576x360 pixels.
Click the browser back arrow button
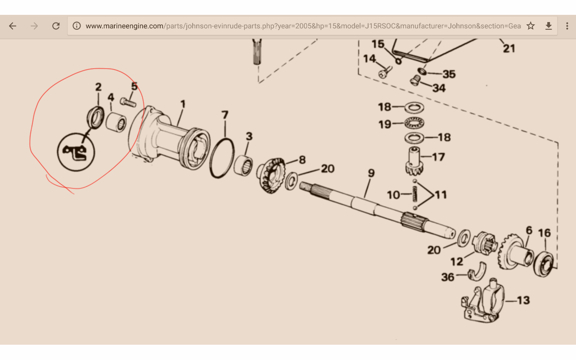13,26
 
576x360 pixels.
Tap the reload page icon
56,26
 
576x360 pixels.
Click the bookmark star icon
531,26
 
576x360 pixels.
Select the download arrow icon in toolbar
549,26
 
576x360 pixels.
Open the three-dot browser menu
567,26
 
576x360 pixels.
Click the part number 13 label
523,300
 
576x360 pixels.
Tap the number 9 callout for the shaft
371,173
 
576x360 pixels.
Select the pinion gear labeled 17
414,161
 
